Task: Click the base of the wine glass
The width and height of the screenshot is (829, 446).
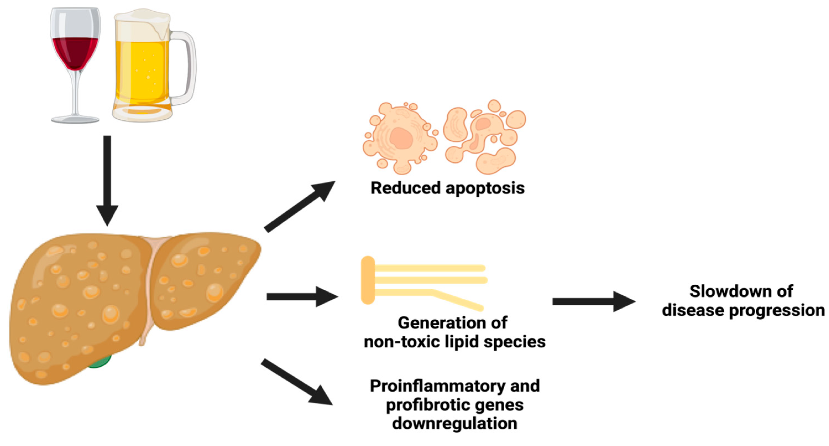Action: pyautogui.click(x=75, y=119)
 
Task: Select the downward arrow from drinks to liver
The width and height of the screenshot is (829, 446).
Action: pyautogui.click(x=107, y=180)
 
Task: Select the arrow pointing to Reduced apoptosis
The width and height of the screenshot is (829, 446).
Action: pyautogui.click(x=299, y=206)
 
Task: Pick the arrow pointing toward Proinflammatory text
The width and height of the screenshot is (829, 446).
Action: pyautogui.click(x=296, y=382)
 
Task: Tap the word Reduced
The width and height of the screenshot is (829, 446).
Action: pyautogui.click(x=405, y=188)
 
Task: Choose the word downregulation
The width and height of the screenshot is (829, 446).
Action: pyautogui.click(x=454, y=423)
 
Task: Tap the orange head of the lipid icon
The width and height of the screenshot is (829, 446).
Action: pyautogui.click(x=368, y=280)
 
